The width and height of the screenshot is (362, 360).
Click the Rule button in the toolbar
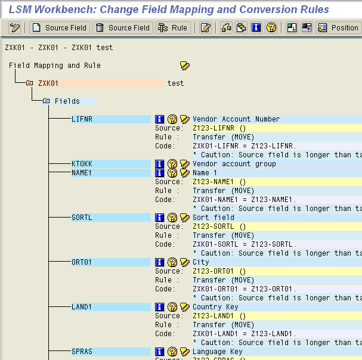173,28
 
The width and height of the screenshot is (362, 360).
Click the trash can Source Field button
123,28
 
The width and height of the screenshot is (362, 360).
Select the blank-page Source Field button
60,28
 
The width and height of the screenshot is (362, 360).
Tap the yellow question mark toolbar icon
271,28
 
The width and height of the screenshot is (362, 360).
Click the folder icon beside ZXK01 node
29,83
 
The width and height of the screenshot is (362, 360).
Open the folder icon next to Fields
46,101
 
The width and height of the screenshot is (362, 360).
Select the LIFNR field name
82,119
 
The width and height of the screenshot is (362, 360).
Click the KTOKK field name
82,164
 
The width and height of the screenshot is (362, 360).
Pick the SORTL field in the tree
82,218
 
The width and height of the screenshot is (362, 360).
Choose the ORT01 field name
82,262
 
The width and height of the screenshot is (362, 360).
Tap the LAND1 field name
82,307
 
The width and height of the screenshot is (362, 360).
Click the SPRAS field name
82,352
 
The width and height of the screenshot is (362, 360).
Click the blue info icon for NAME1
159,173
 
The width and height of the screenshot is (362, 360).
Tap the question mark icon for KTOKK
172,164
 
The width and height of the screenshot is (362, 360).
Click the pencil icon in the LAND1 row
185,307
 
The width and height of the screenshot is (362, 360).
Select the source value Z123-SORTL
214,226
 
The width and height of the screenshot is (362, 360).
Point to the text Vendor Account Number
236,119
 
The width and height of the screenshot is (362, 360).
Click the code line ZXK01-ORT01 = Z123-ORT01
245,289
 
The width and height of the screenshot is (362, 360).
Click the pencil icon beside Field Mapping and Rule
185,66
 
